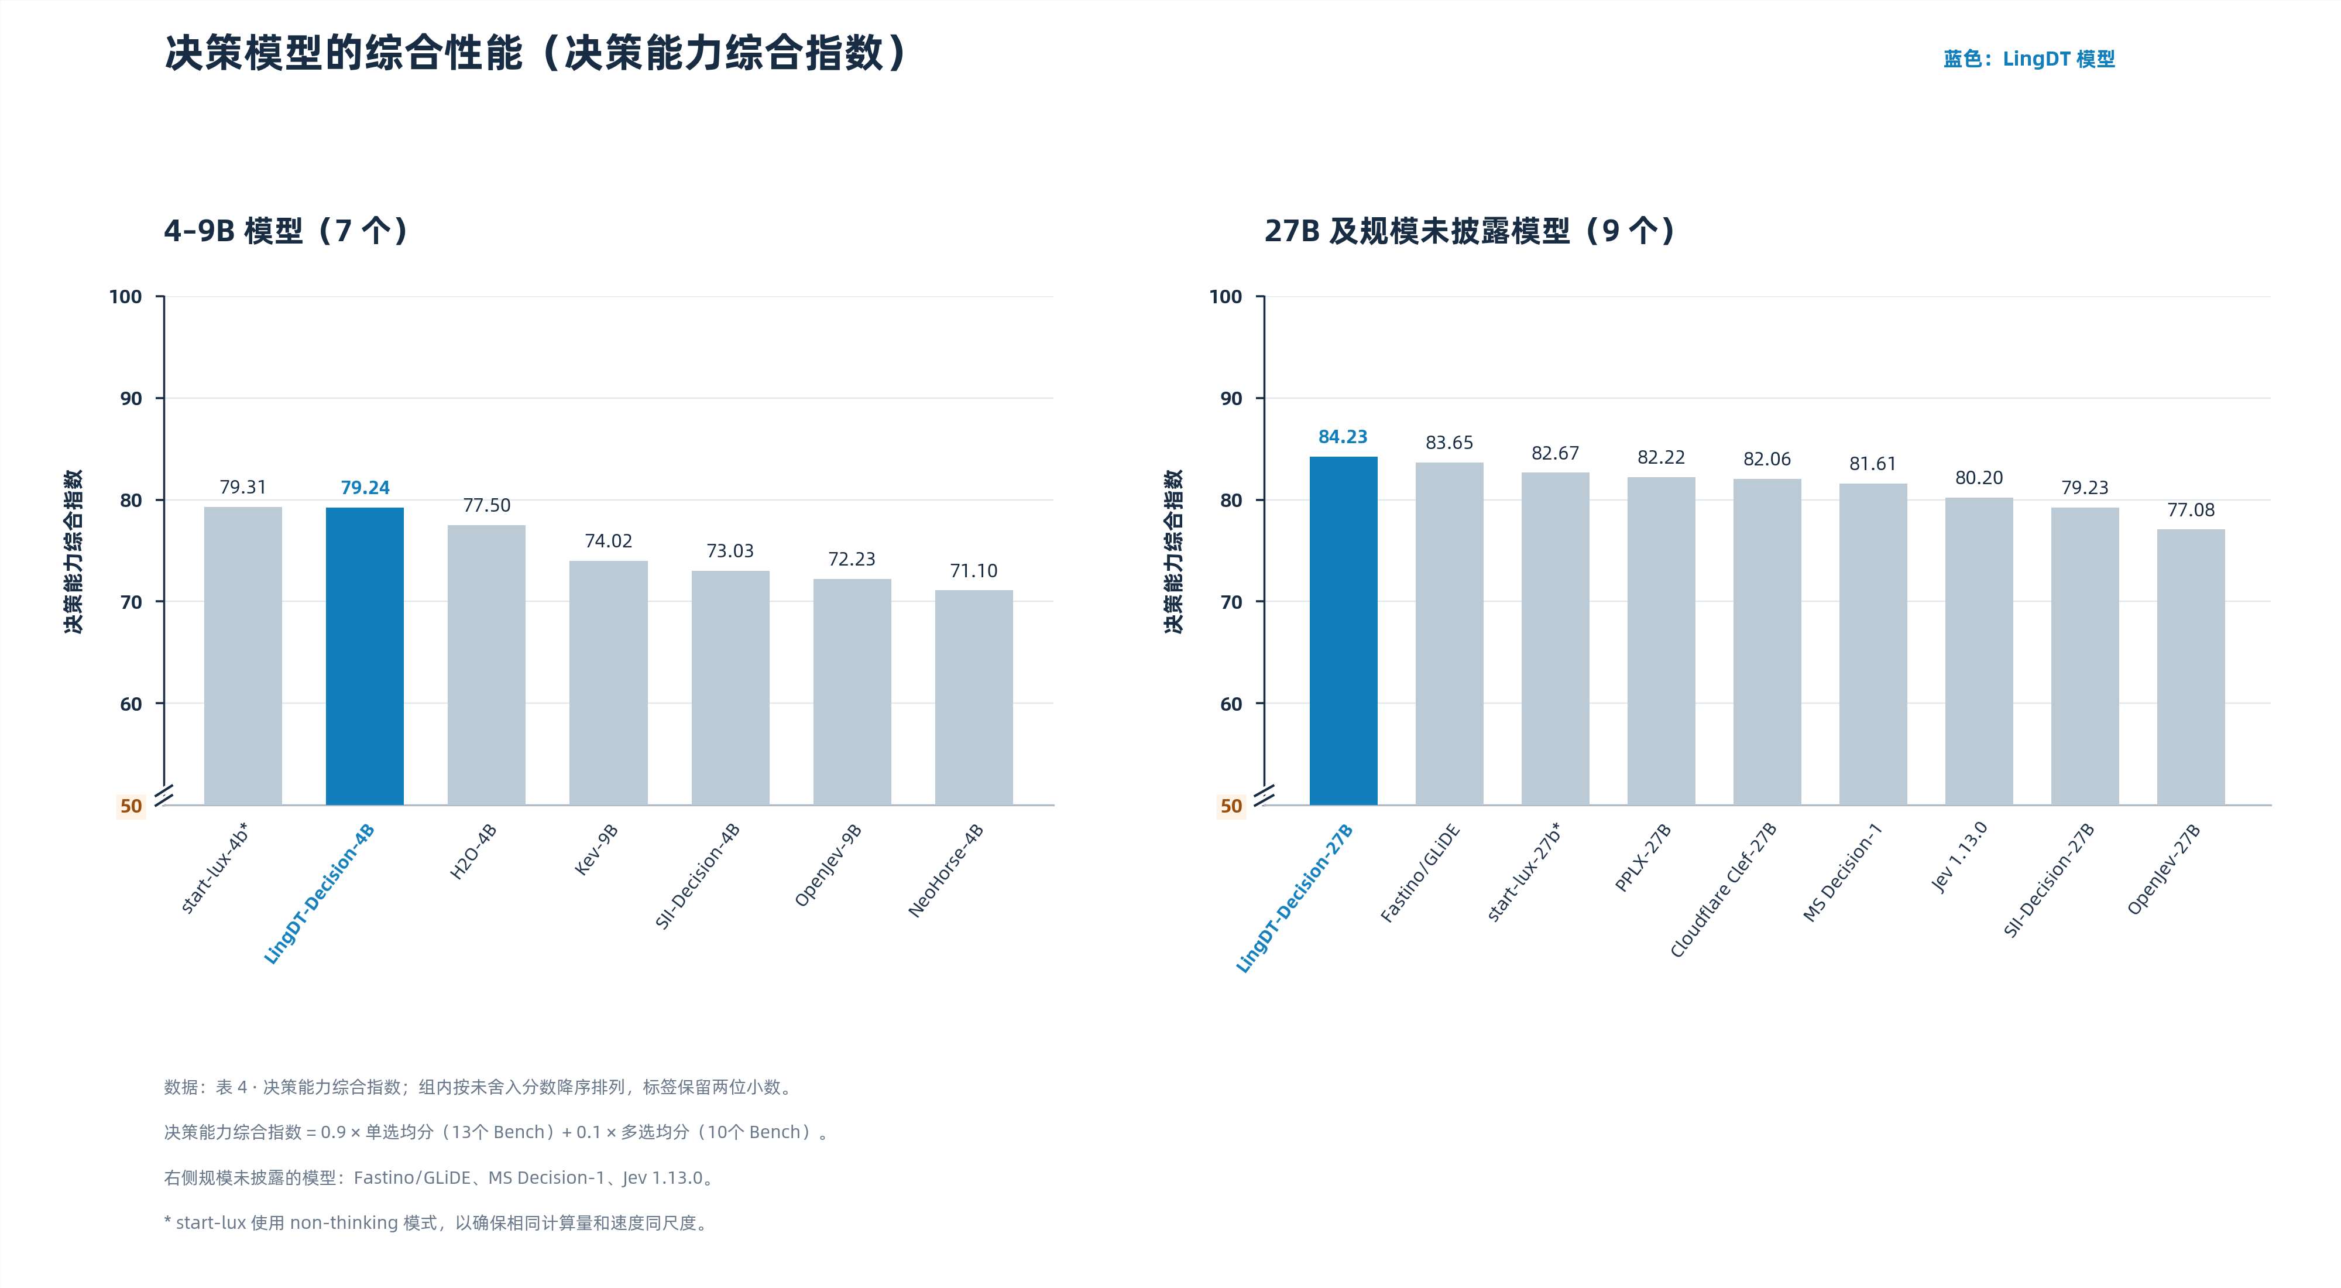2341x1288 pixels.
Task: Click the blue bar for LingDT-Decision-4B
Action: pyautogui.click(x=365, y=656)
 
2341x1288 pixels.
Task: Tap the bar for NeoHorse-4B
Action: pyautogui.click(x=973, y=697)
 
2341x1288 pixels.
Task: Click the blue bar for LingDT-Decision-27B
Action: pyautogui.click(x=1343, y=631)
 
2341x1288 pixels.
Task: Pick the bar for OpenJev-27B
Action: pyautogui.click(x=2191, y=667)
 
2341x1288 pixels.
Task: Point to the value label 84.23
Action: pyautogui.click(x=1343, y=437)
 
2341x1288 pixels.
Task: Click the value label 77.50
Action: pyautogui.click(x=487, y=505)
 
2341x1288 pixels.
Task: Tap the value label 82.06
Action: pyautogui.click(x=1767, y=459)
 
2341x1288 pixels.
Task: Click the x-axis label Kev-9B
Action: pyautogui.click(x=596, y=850)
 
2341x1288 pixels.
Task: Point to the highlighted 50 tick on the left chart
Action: pyautogui.click(x=131, y=806)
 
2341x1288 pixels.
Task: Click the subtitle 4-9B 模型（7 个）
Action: pyautogui.click(x=286, y=231)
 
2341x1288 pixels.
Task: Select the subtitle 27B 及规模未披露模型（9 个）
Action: pyautogui.click(x=1470, y=231)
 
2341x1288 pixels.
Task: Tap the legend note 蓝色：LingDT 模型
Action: pyautogui.click(x=2028, y=59)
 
